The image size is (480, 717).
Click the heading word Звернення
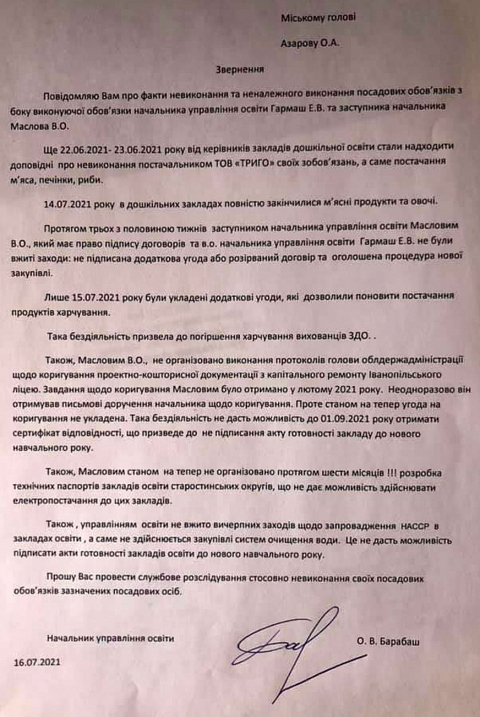click(x=240, y=69)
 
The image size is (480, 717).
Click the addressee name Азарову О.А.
click(x=310, y=43)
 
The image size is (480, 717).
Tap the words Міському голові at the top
click(x=318, y=18)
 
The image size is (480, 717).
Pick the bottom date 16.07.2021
click(x=37, y=662)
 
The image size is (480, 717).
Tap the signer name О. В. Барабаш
click(x=388, y=642)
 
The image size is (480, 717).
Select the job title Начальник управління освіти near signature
click(x=110, y=638)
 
